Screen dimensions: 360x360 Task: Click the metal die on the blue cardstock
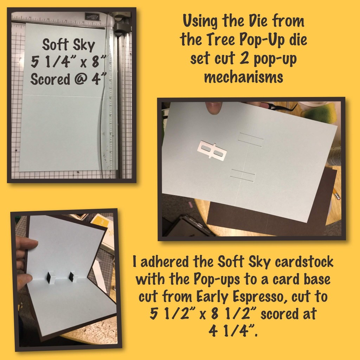click(x=212, y=150)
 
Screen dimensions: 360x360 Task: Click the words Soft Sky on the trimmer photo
click(x=69, y=45)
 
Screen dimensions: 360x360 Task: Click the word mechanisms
click(x=244, y=77)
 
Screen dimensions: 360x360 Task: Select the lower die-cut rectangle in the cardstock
click(x=243, y=176)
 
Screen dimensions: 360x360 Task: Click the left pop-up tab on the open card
click(x=51, y=277)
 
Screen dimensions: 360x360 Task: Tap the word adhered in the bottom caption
click(x=165, y=262)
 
